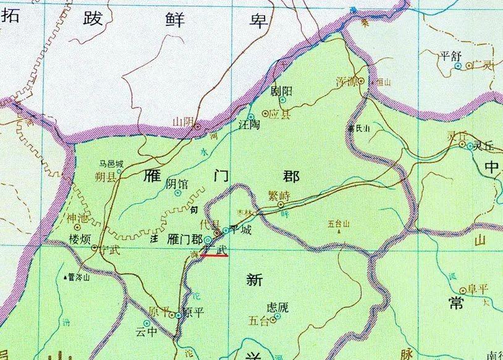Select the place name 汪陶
[249, 123]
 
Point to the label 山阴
[183, 122]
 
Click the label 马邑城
[111, 164]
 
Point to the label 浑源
[347, 82]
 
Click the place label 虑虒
[277, 307]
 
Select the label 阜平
[478, 290]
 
